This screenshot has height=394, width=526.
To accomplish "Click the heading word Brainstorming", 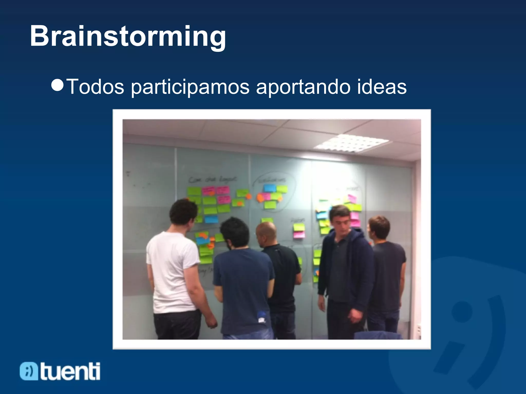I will coord(128,36).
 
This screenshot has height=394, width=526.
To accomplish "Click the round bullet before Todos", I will coord(57,85).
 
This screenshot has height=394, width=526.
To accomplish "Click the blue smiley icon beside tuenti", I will coord(29,371).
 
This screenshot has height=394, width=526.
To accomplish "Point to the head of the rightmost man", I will coord(379,228).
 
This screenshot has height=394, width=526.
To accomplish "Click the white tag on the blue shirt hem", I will coord(261,320).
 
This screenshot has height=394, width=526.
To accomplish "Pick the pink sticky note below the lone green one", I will coord(299,235).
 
